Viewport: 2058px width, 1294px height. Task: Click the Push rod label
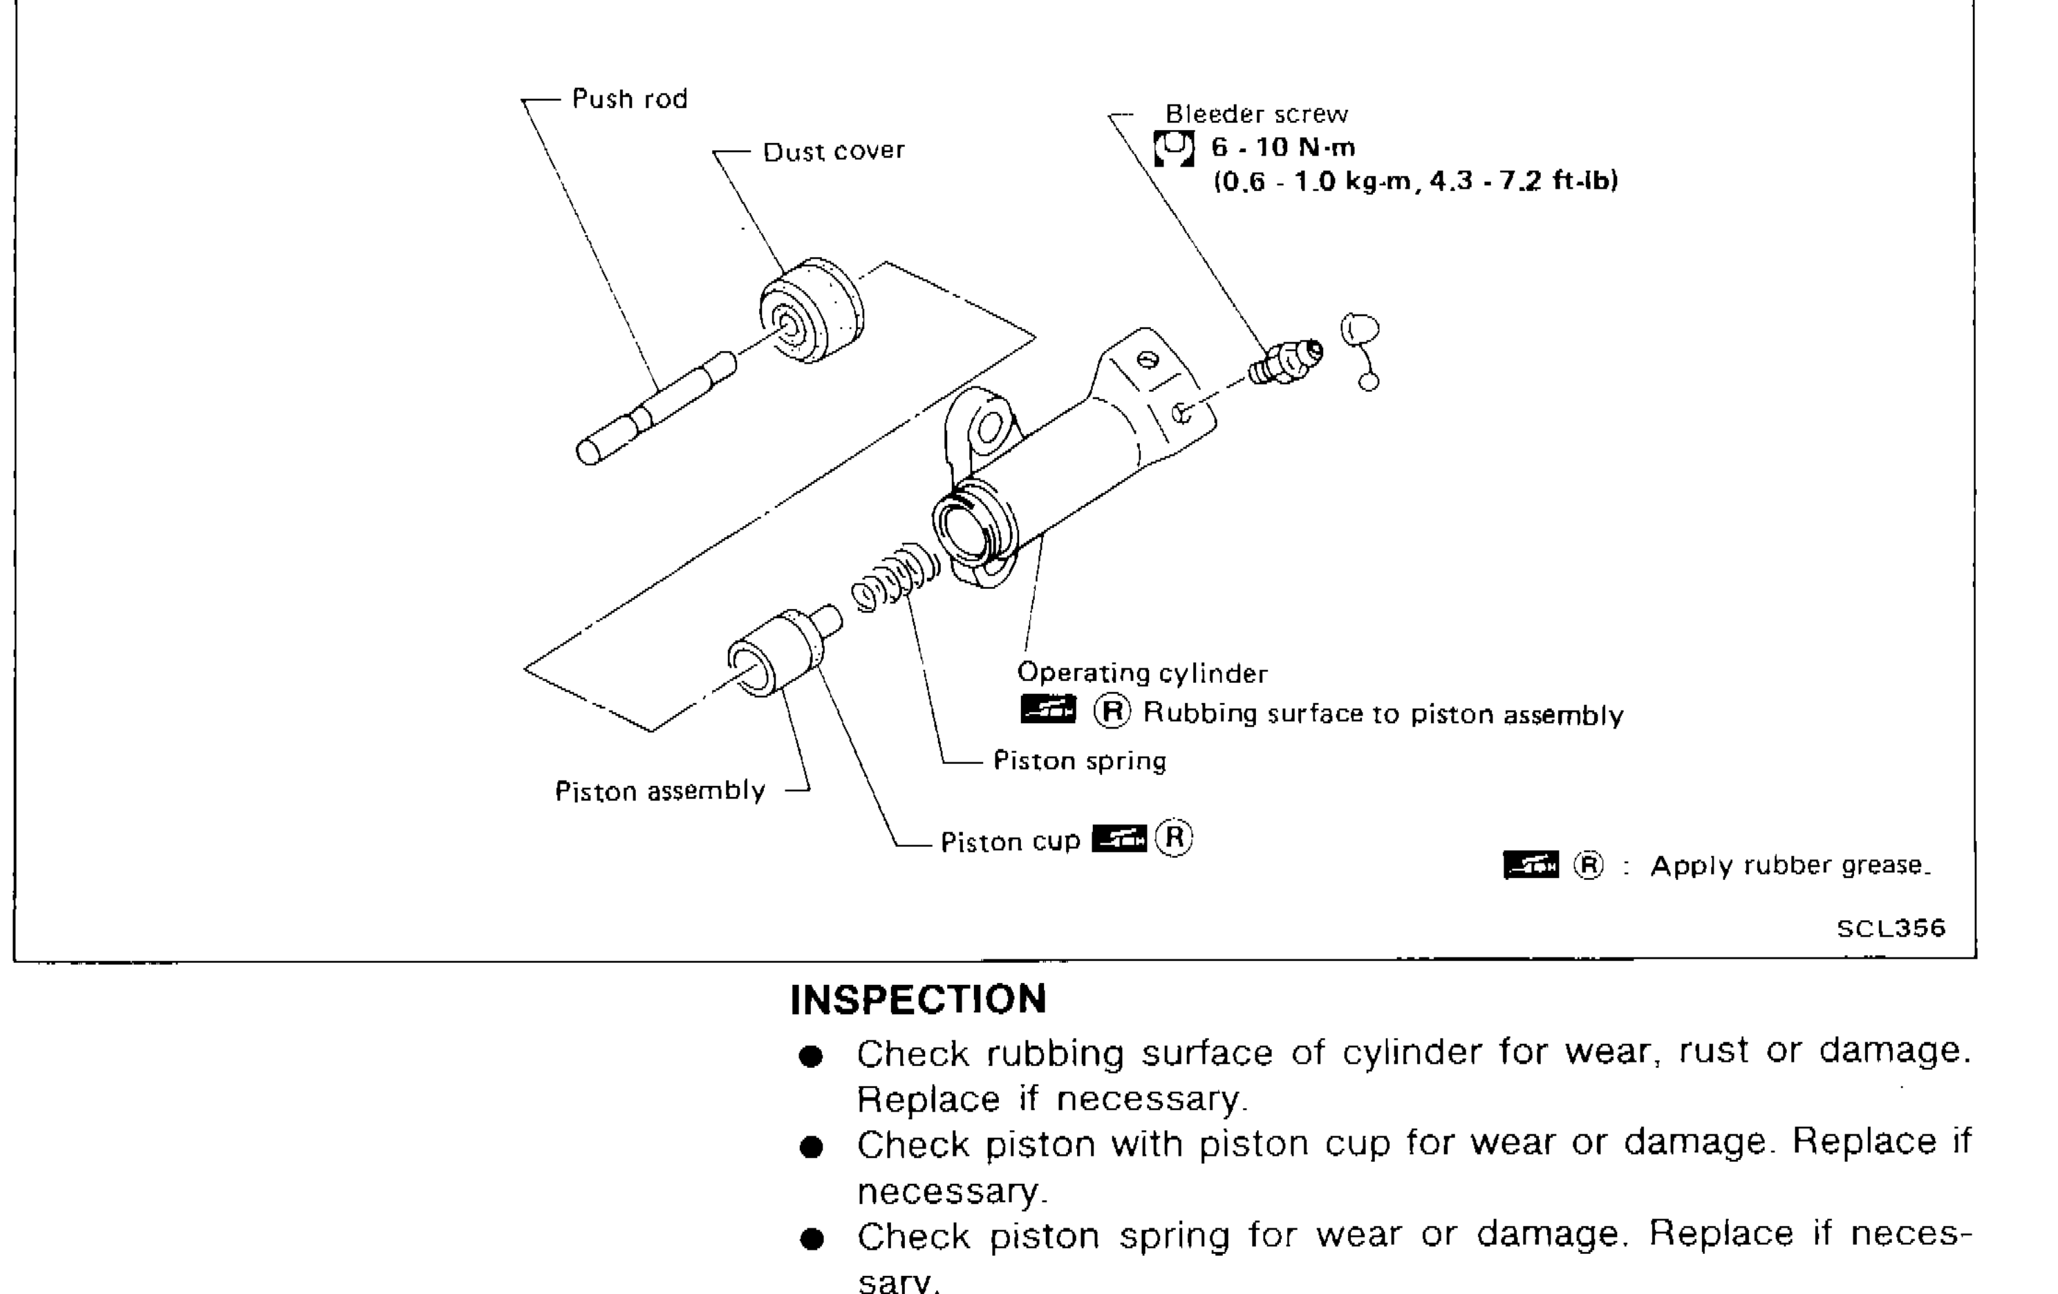click(629, 99)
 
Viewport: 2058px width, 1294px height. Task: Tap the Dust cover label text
click(833, 151)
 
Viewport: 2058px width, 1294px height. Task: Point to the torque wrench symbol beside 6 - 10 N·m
click(1173, 149)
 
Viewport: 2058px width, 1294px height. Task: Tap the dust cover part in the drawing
click(812, 311)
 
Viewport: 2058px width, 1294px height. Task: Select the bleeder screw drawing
click(1284, 363)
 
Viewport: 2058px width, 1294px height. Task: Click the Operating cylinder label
click(1142, 673)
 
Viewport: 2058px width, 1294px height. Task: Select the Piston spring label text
click(1079, 760)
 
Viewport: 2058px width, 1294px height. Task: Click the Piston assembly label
click(660, 791)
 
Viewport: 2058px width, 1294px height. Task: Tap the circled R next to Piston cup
click(1173, 838)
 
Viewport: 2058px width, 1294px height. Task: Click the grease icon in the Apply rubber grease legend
click(1530, 865)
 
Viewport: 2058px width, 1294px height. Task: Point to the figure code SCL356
click(1891, 928)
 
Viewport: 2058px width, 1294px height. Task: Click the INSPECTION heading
click(918, 999)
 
